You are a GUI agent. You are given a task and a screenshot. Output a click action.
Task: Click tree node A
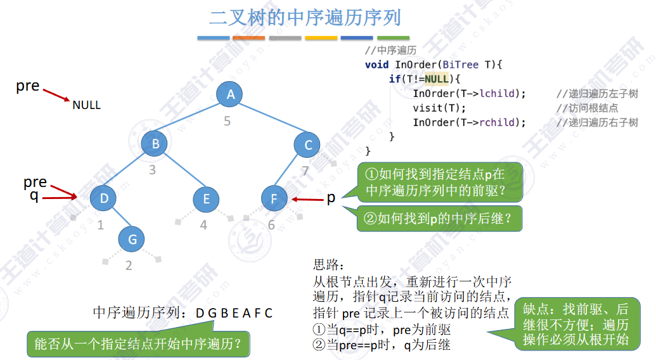point(231,94)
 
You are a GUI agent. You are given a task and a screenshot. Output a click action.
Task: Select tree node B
point(155,144)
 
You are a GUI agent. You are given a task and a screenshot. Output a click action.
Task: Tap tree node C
point(308,145)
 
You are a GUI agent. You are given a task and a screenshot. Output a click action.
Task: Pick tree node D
point(104,198)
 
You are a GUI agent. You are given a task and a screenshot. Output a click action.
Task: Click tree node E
point(206,199)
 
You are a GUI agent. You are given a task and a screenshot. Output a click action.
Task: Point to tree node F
point(274,199)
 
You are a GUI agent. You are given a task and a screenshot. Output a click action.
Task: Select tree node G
point(132,239)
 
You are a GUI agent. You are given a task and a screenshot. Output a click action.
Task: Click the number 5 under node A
point(227,120)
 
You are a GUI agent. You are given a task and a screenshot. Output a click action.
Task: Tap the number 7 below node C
point(305,170)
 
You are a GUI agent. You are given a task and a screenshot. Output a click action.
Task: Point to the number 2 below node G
point(129,266)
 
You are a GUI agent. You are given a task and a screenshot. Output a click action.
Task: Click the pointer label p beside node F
point(331,198)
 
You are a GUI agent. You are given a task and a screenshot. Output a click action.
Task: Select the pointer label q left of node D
point(34,196)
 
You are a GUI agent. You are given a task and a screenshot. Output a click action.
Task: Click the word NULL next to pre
point(86,105)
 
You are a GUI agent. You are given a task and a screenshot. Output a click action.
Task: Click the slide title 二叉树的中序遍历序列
point(305,17)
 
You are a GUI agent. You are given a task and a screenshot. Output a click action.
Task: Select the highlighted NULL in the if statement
point(436,79)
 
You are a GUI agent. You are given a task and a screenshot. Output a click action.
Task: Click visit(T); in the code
point(439,108)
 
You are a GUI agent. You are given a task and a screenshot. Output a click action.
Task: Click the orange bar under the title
point(248,38)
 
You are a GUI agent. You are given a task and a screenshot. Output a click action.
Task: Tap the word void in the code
point(376,64)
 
